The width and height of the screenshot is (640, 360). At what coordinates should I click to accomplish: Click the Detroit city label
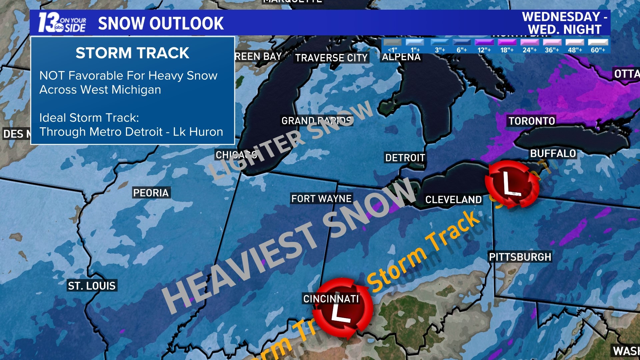405,158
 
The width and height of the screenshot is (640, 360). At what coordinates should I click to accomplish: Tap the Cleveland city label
453,200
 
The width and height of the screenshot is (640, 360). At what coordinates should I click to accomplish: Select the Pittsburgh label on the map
520,257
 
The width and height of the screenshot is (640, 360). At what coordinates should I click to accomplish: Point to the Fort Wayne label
321,199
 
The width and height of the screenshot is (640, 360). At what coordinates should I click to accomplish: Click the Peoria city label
151,193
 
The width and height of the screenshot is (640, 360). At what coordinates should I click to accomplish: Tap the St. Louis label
92,286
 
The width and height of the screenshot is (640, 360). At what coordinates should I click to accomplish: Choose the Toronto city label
532,121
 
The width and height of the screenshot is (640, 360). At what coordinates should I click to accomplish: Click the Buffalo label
553,154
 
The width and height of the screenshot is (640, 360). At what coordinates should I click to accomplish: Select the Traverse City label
331,58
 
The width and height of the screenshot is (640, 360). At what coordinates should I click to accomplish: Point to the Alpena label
401,57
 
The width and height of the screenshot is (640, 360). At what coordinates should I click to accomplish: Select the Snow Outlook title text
161,23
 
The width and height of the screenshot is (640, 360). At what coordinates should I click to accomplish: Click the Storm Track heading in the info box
132,53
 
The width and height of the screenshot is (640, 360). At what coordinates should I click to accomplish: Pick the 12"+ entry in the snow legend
484,42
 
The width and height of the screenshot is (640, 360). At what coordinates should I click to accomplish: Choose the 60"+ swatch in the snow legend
598,42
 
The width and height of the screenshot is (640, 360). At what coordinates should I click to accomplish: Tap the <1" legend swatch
392,42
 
